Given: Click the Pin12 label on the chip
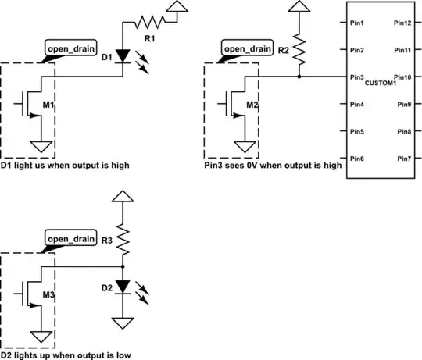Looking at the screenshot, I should pos(403,23).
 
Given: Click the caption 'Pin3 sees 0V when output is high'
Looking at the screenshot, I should pos(270,166).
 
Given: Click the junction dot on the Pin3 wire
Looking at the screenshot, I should pos(299,77).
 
